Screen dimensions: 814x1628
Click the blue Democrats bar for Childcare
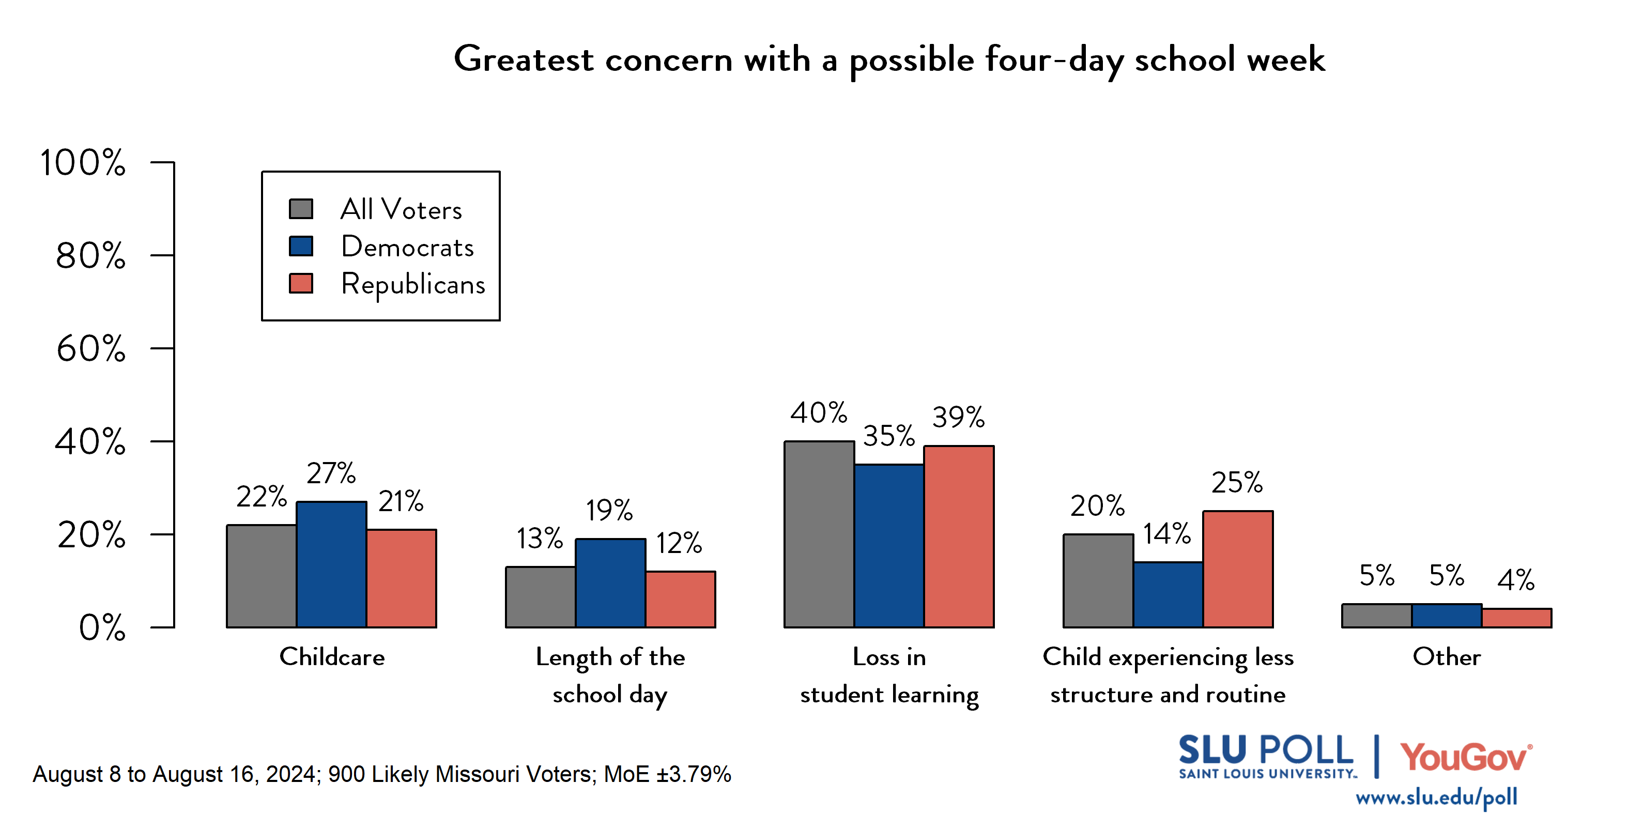(x=331, y=564)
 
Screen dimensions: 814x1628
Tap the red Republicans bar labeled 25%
(x=1237, y=569)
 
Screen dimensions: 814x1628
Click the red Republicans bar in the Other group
(x=1516, y=618)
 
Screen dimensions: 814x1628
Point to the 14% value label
(x=1166, y=534)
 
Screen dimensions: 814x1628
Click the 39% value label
(x=958, y=417)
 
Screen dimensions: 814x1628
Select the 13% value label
(x=539, y=539)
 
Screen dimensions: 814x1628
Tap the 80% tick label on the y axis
(x=90, y=256)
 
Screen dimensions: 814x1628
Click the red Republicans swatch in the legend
(x=301, y=283)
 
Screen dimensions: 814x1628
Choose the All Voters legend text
(x=401, y=209)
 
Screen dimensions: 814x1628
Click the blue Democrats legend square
(x=301, y=246)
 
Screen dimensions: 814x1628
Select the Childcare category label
(x=332, y=657)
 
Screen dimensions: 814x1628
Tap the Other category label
(x=1446, y=657)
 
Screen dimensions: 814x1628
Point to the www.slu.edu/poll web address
(x=1436, y=797)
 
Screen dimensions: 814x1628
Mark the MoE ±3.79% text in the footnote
(x=667, y=774)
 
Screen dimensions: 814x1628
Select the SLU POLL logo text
(x=1265, y=751)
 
